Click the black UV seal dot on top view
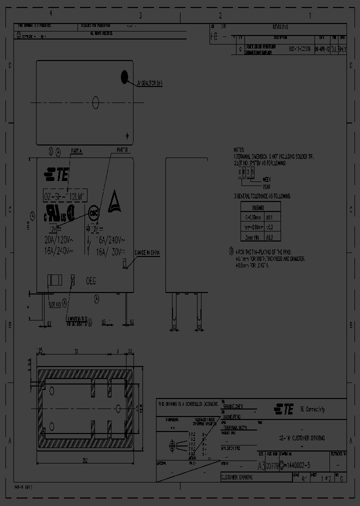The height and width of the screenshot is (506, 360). click(x=124, y=76)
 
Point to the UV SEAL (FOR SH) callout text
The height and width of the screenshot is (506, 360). click(x=149, y=83)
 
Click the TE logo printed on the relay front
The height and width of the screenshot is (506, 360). click(x=56, y=174)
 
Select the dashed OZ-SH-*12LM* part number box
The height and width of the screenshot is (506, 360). click(x=63, y=196)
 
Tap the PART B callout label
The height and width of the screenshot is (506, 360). click(x=122, y=149)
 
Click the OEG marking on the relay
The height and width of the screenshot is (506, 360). click(x=91, y=280)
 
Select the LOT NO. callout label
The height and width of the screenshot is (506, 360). click(x=55, y=303)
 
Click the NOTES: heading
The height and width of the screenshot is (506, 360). click(x=239, y=150)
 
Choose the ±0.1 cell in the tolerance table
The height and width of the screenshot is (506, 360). click(x=268, y=217)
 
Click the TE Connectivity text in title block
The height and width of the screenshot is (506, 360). click(x=312, y=409)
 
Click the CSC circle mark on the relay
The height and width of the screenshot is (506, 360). click(x=93, y=212)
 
